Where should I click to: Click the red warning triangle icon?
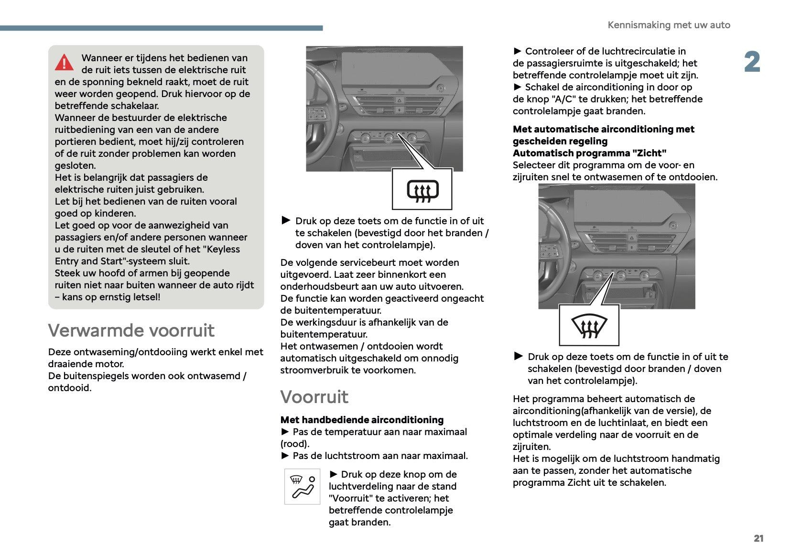(x=64, y=63)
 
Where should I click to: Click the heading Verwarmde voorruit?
(x=131, y=330)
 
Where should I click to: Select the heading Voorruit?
(x=314, y=397)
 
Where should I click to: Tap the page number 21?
(x=758, y=538)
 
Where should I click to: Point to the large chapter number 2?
(x=752, y=62)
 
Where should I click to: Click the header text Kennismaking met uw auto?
(x=669, y=25)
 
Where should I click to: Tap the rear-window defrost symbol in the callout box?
(x=422, y=190)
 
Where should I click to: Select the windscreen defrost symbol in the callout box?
(x=589, y=326)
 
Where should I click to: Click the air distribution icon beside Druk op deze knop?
(x=303, y=487)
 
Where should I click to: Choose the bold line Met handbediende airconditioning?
(x=362, y=420)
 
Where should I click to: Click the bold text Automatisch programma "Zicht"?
(x=589, y=153)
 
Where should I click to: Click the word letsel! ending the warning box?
(x=146, y=297)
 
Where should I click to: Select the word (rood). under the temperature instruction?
(x=295, y=444)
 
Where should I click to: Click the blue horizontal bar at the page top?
(x=161, y=28)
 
